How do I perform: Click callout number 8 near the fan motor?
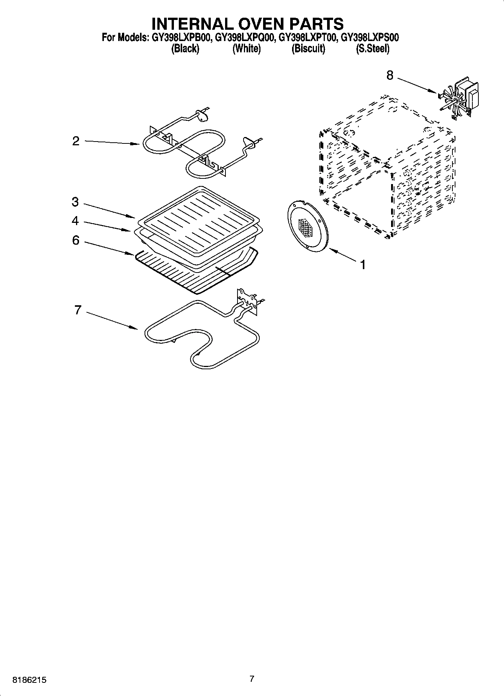tap(390, 76)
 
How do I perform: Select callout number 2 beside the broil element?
tap(76, 141)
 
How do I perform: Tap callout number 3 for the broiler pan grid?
tap(75, 202)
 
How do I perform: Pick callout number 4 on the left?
tap(75, 221)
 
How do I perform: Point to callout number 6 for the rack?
tap(76, 240)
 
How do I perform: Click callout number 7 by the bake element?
tap(78, 310)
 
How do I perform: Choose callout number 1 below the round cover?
tap(362, 265)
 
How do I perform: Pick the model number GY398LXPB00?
tap(182, 38)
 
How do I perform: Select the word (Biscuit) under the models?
tap(308, 49)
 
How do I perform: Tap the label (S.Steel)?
tap(372, 49)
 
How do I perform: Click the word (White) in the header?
tap(247, 49)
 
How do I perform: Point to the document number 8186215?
tap(30, 680)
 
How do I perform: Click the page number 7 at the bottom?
tap(252, 679)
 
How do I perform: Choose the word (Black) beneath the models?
tap(185, 49)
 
